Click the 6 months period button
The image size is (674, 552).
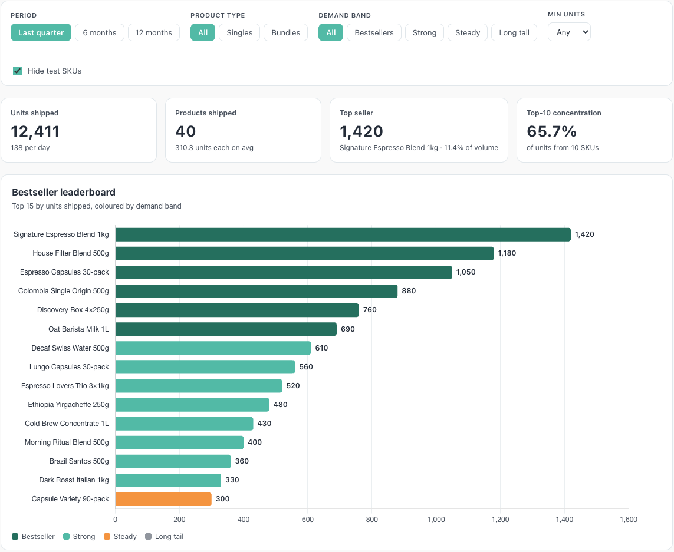[x=99, y=32]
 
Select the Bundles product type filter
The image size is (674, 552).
[x=285, y=32]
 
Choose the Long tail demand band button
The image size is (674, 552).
[x=514, y=32]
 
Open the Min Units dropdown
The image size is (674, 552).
[x=569, y=32]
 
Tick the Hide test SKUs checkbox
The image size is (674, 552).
[x=17, y=71]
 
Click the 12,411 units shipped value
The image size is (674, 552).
[x=35, y=131]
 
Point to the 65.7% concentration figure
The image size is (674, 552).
[x=551, y=131]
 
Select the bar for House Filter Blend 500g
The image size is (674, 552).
[x=304, y=253]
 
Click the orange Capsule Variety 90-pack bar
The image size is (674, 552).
[x=163, y=499]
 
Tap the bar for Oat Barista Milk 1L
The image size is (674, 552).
[x=226, y=329]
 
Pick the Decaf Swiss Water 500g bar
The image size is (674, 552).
[x=213, y=348]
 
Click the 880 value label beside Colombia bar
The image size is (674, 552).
[x=409, y=291]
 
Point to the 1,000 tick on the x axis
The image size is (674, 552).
[x=436, y=520]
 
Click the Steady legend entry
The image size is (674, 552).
[x=120, y=537]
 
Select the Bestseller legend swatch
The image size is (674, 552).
[x=15, y=537]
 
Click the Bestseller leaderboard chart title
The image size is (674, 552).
[x=64, y=192]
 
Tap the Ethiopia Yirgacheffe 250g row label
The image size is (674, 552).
[x=68, y=405]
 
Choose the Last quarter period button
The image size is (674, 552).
[x=41, y=32]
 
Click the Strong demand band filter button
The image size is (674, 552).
[x=424, y=32]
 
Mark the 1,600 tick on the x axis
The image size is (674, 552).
[x=629, y=520]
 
